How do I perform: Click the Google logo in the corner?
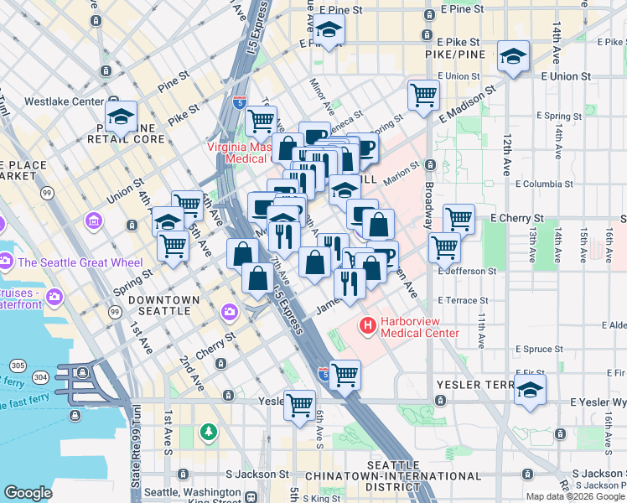pos(28,493)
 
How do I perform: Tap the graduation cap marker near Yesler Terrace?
pos(529,390)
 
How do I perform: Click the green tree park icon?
pos(208,432)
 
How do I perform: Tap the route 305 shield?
pos(18,366)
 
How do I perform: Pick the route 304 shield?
pos(39,378)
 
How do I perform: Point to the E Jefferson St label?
pos(467,272)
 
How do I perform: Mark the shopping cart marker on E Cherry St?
pos(459,219)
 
